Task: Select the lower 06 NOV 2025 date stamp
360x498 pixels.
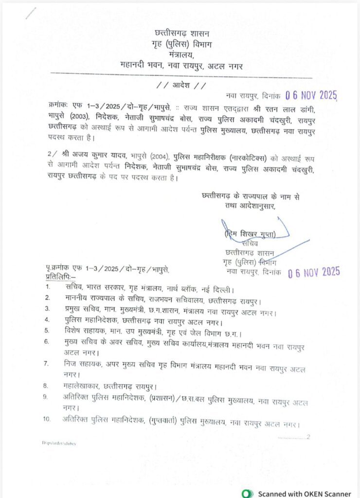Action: (x=314, y=272)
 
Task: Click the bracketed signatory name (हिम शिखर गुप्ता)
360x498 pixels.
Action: (x=250, y=235)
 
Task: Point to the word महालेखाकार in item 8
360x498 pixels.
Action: (x=83, y=386)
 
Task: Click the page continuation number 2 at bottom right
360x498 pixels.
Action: (x=307, y=437)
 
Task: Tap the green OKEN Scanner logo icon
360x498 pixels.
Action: (x=248, y=493)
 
